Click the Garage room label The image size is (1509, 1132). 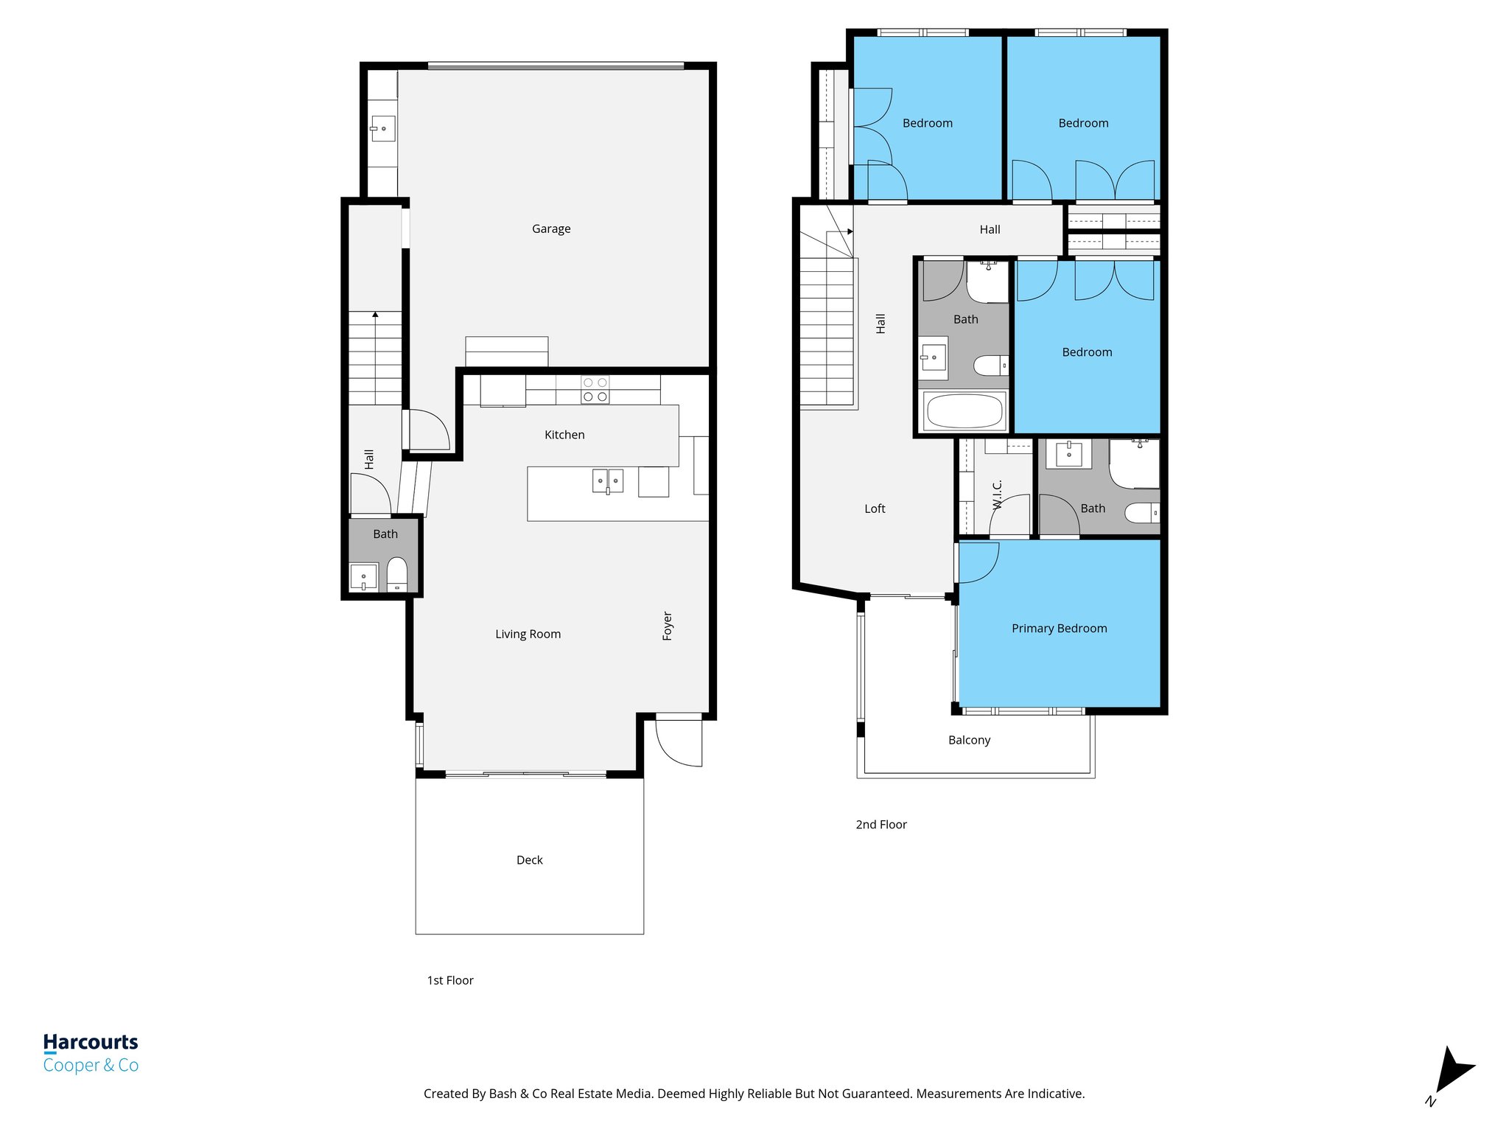point(551,229)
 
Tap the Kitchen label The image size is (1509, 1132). point(564,435)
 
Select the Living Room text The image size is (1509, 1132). point(528,634)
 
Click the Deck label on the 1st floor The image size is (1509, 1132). point(529,860)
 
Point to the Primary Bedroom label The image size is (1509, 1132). point(1059,629)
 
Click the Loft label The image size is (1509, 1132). point(875,509)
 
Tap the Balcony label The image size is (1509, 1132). point(969,740)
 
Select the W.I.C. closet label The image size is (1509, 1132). point(998,495)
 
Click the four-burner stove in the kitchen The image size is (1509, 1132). point(595,390)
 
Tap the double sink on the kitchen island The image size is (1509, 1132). point(608,481)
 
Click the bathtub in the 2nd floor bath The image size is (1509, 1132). point(964,412)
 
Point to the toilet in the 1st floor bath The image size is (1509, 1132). point(397,573)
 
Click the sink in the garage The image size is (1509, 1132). point(383,129)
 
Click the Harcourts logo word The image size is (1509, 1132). point(91,1042)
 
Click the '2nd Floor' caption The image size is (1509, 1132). point(880,825)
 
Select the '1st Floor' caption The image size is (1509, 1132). point(450,980)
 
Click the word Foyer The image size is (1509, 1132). point(668,626)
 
